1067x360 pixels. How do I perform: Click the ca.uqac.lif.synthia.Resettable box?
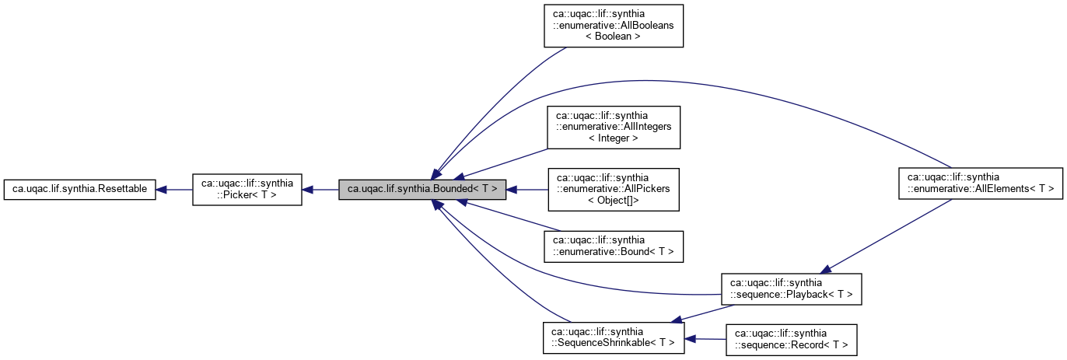point(80,189)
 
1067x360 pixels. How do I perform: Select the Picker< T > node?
point(247,189)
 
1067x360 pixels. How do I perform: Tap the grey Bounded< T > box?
point(423,189)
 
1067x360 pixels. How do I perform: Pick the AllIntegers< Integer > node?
point(614,128)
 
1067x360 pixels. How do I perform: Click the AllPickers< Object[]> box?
point(614,189)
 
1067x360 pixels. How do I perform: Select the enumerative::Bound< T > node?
point(614,246)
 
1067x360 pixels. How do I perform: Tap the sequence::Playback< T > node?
point(791,288)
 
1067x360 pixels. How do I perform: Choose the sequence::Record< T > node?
point(791,340)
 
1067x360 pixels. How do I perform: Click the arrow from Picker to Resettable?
point(175,189)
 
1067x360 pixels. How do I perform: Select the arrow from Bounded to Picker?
point(320,189)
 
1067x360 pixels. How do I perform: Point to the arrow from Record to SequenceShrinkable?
point(705,339)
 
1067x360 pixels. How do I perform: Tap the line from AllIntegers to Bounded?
point(506,162)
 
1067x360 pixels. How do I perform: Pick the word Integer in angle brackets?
point(614,138)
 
